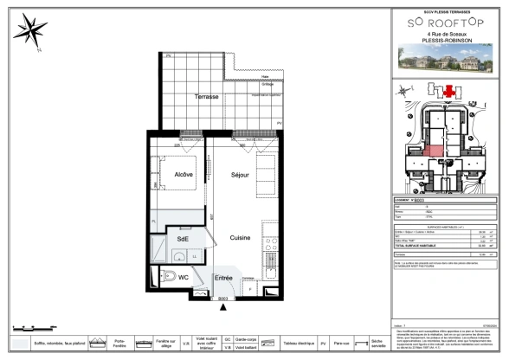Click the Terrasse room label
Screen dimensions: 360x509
coord(206,96)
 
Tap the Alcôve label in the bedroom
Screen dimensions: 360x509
coord(184,175)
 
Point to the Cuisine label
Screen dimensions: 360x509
coord(240,236)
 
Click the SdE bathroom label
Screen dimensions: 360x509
coord(183,240)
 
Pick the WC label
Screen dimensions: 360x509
coord(184,277)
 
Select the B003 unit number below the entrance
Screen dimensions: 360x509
coord(223,299)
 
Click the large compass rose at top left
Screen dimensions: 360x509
coord(31,32)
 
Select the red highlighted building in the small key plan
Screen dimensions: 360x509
coord(448,91)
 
